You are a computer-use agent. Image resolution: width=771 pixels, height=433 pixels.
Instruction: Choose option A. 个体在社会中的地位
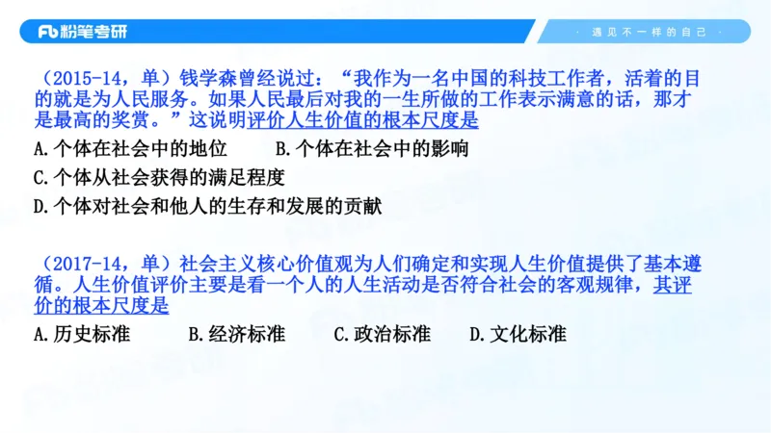[x=130, y=149]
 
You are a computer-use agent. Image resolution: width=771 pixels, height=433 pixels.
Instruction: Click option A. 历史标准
[x=82, y=335]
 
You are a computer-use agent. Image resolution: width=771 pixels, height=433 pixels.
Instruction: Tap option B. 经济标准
[x=237, y=335]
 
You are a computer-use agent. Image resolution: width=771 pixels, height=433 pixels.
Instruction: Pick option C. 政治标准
[x=382, y=335]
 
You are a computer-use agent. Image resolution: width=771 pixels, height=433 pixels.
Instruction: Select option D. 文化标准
[x=518, y=335]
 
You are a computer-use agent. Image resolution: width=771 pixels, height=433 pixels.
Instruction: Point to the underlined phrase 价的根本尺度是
[x=101, y=307]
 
